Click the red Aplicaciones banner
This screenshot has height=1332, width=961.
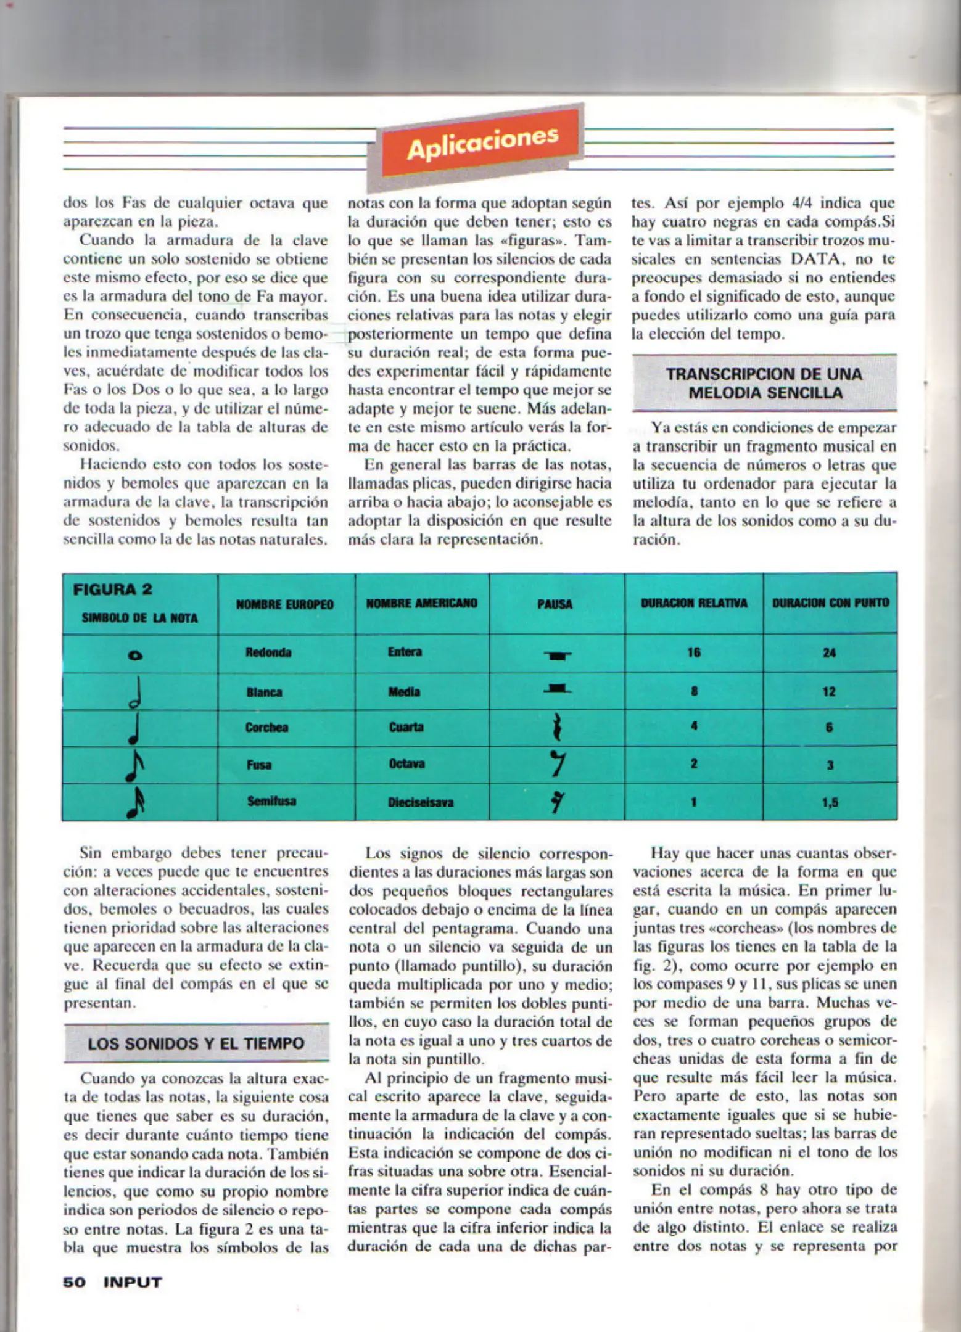(481, 143)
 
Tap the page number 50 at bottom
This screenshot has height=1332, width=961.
(74, 1282)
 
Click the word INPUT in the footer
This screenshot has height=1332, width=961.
(133, 1282)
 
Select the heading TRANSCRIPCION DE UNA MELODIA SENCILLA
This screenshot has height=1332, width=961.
(764, 383)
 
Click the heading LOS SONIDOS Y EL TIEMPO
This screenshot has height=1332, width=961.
(196, 1043)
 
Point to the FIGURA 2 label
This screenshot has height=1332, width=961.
(112, 589)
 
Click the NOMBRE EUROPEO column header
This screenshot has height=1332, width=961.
(284, 604)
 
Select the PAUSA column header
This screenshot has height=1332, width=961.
(555, 604)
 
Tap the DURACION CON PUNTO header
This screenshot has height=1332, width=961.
(830, 602)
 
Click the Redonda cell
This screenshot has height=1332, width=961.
(268, 652)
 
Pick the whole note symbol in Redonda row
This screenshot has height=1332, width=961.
(135, 655)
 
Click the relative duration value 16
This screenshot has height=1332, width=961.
(694, 652)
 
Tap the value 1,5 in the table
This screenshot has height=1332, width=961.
(830, 802)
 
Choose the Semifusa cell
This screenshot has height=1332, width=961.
(271, 801)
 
